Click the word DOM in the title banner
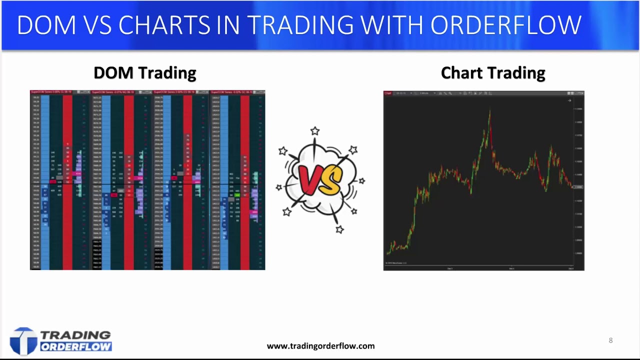coord(46,25)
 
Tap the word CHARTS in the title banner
coord(164,25)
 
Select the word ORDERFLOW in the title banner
coord(505,25)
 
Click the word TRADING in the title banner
coord(299,25)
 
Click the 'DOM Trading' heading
coord(144,73)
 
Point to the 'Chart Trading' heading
coord(492,73)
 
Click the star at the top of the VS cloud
coord(314,131)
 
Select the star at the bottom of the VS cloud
coord(339,229)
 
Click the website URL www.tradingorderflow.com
coord(320,346)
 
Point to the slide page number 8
coord(610,340)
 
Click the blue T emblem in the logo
coord(23,341)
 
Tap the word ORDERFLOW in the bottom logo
coord(76,346)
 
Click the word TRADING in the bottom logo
coord(75,335)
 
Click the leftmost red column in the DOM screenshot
coord(67,180)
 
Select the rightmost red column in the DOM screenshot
coord(245,180)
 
